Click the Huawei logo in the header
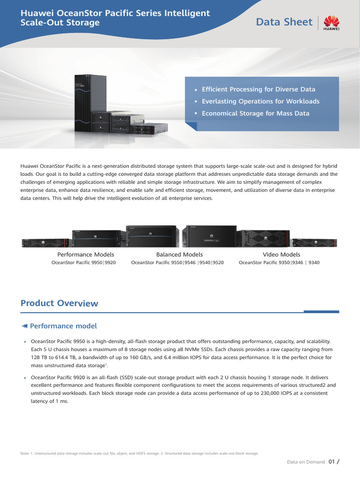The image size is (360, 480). [x=331, y=22]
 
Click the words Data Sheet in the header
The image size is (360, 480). [x=284, y=22]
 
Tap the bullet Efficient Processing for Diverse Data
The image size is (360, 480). [x=258, y=89]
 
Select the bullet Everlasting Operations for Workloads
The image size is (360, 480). [x=260, y=101]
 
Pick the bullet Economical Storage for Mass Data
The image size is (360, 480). [x=255, y=113]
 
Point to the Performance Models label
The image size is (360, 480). [x=84, y=255]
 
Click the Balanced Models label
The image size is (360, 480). [x=179, y=255]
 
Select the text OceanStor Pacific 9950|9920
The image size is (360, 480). [x=83, y=262]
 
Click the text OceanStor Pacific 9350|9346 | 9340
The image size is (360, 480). [x=279, y=262]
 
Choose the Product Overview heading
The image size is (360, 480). [x=60, y=303]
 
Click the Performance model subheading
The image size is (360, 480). [x=63, y=326]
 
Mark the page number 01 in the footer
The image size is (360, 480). [x=331, y=462]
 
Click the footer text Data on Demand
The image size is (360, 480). [x=306, y=462]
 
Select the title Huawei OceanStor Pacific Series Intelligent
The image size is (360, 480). [x=115, y=14]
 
